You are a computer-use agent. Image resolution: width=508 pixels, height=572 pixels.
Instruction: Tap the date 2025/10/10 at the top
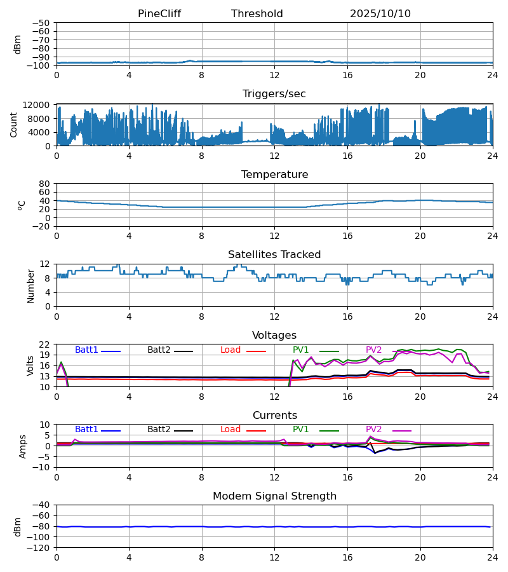click(x=380, y=14)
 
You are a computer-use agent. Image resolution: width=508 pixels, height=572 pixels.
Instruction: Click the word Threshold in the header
click(x=257, y=14)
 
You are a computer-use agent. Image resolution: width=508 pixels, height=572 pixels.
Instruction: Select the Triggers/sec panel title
click(x=274, y=94)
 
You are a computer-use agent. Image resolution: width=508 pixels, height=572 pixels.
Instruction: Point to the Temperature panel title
click(x=274, y=175)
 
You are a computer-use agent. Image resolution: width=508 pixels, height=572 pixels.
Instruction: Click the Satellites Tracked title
click(x=274, y=255)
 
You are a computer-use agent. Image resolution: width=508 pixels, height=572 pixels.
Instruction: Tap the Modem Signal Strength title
click(x=274, y=496)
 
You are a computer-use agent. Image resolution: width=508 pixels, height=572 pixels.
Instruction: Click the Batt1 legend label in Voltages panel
click(x=86, y=350)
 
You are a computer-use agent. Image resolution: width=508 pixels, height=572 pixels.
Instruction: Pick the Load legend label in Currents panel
click(x=231, y=430)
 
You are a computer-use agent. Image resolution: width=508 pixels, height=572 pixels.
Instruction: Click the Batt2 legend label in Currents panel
click(x=159, y=430)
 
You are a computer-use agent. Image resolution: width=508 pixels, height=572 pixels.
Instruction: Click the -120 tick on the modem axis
click(x=39, y=547)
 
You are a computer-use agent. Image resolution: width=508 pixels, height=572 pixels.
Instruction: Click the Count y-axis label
click(x=14, y=125)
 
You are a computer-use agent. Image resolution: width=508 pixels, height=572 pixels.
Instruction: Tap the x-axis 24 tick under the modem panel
click(x=492, y=557)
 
